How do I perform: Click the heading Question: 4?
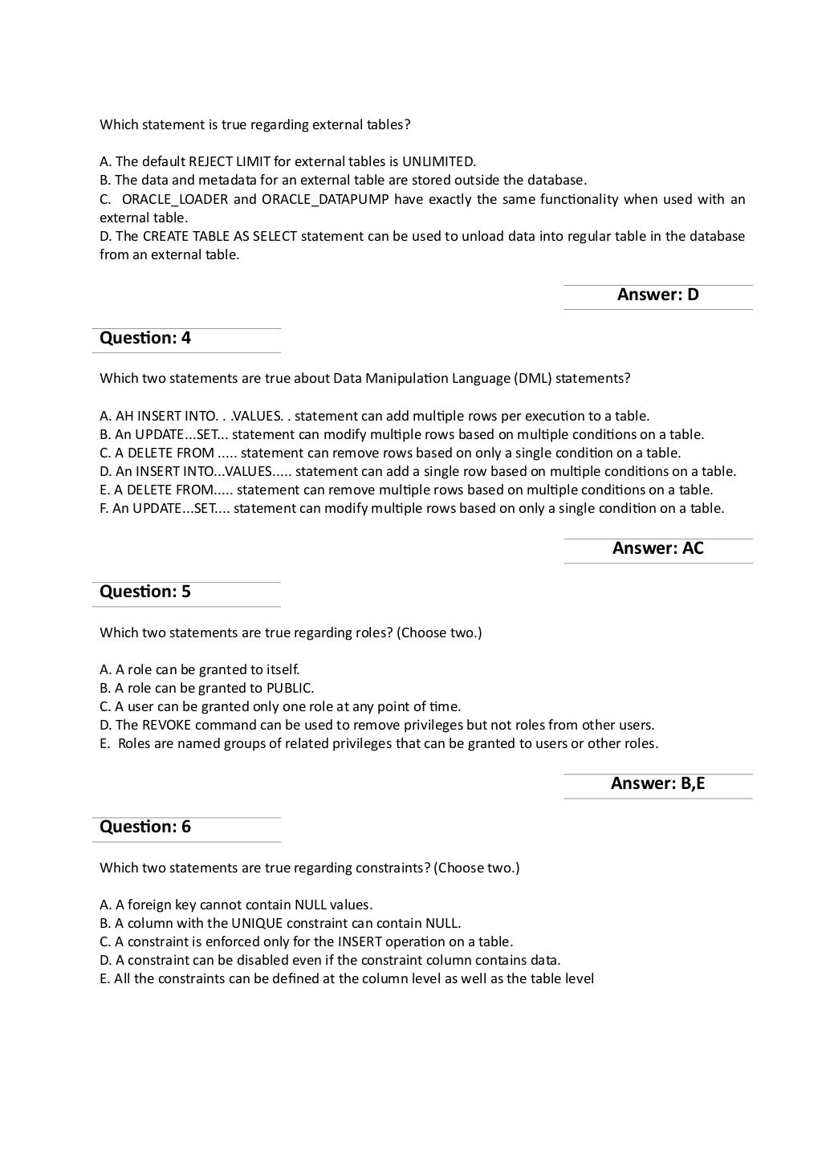(x=145, y=338)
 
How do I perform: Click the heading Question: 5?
(x=145, y=592)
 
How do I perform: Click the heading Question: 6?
(x=145, y=827)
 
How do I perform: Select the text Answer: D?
(x=657, y=295)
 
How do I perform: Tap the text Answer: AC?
(x=657, y=548)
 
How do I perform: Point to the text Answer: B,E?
(x=657, y=783)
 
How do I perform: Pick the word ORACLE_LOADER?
(x=174, y=199)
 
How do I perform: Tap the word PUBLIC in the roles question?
(x=290, y=688)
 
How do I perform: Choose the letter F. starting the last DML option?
(x=104, y=508)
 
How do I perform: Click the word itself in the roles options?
(x=282, y=669)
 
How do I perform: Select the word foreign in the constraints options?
(x=150, y=905)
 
